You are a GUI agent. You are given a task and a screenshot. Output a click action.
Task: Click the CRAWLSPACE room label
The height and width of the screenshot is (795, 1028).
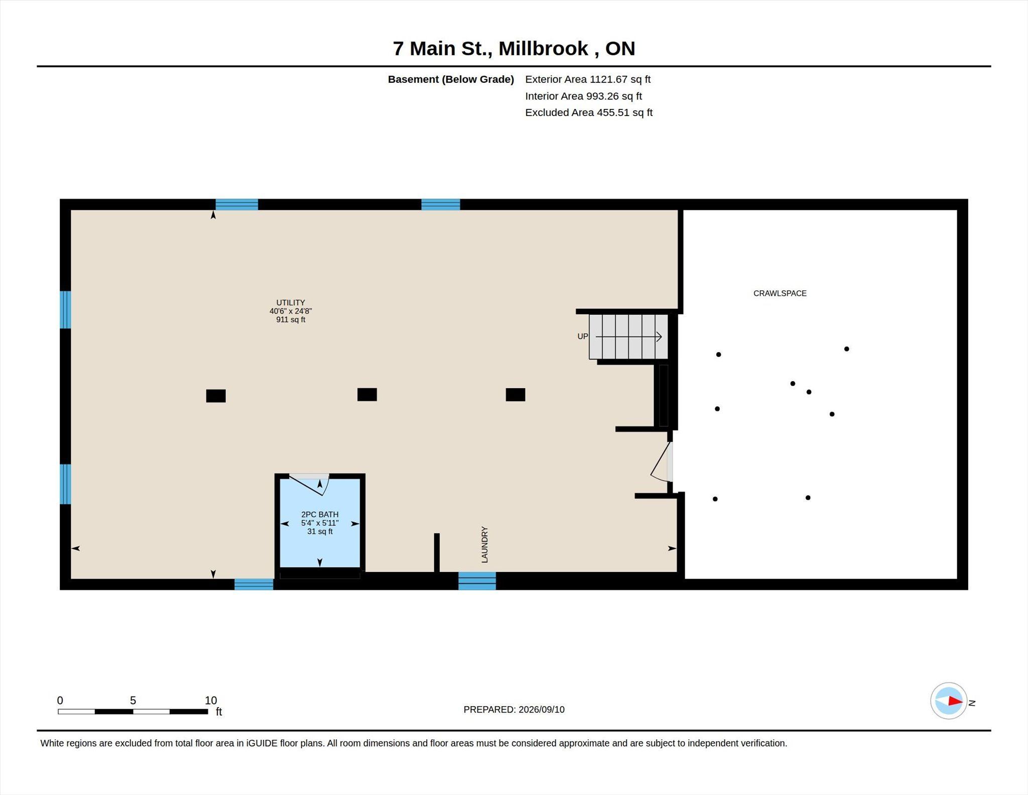pyautogui.click(x=780, y=293)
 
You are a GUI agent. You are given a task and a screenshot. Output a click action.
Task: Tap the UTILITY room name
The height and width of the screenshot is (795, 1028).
pyautogui.click(x=291, y=302)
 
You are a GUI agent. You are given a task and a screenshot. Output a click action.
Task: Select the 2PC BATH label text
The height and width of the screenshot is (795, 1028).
pyautogui.click(x=320, y=514)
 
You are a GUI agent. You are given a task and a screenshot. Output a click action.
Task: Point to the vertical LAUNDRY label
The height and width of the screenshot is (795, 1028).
pyautogui.click(x=484, y=544)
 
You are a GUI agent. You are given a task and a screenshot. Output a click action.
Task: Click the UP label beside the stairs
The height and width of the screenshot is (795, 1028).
pyautogui.click(x=582, y=336)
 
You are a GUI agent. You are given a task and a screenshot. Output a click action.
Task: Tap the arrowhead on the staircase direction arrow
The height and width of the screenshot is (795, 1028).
pyautogui.click(x=659, y=336)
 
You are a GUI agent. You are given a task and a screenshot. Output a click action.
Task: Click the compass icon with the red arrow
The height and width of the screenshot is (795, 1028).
pyautogui.click(x=949, y=701)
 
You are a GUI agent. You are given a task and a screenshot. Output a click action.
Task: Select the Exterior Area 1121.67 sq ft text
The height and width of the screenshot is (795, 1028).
pyautogui.click(x=588, y=79)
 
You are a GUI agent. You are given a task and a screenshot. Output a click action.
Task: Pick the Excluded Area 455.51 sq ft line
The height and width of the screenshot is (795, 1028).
pyautogui.click(x=589, y=112)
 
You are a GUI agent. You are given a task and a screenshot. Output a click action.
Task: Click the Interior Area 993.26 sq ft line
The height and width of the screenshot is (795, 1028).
pyautogui.click(x=583, y=96)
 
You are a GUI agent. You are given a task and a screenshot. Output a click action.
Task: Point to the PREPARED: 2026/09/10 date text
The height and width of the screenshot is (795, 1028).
pyautogui.click(x=514, y=710)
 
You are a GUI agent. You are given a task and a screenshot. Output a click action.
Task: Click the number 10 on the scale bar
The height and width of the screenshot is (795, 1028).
pyautogui.click(x=211, y=700)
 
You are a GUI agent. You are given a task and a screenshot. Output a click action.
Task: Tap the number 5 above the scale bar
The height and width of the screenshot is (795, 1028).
pyautogui.click(x=133, y=700)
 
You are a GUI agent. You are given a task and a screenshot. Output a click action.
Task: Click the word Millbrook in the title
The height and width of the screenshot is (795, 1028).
pyautogui.click(x=543, y=48)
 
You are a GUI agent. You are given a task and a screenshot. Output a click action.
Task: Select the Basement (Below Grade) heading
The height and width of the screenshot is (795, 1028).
pyautogui.click(x=451, y=79)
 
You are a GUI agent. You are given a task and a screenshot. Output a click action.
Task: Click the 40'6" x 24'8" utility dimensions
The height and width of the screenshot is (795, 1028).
pyautogui.click(x=291, y=311)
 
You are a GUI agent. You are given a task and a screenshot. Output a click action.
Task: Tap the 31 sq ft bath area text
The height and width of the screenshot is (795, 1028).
pyautogui.click(x=320, y=531)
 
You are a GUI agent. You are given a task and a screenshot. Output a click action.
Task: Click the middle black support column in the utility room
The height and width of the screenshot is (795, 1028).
pyautogui.click(x=367, y=395)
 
